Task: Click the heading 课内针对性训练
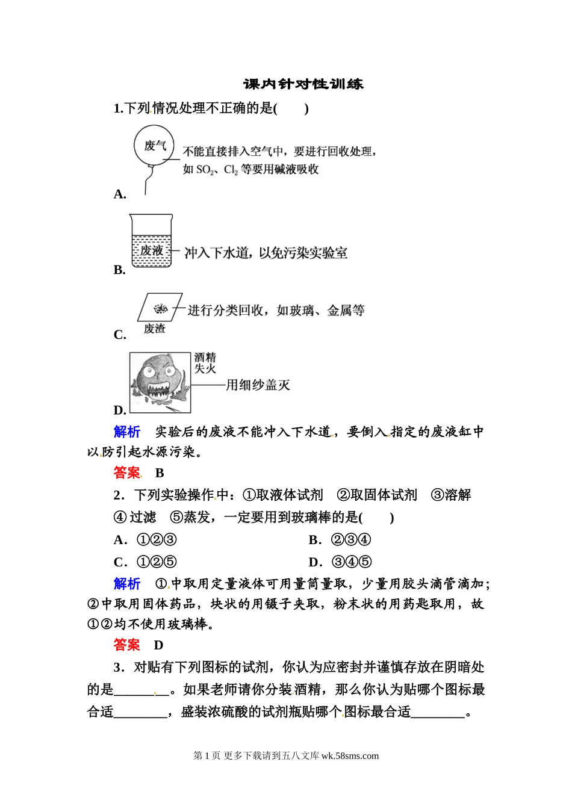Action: pos(303,84)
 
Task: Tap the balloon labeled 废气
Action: pos(154,146)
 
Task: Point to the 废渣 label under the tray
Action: pos(154,329)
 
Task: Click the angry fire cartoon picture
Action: pos(160,382)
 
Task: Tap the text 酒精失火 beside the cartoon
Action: pos(205,363)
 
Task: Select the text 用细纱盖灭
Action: pos(258,385)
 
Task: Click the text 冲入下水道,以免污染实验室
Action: pos(266,253)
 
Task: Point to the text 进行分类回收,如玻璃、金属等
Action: pos(276,311)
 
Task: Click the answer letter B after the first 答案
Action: pos(160,473)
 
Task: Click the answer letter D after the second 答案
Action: pos(159,645)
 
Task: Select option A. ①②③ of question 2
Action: pos(145,540)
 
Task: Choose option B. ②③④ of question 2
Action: pos(340,540)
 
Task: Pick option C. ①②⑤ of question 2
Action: pos(145,562)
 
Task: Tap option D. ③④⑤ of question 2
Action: pos(340,562)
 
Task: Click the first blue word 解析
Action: pos(126,432)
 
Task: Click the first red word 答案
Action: pos(126,473)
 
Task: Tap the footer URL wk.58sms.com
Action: pos(350,756)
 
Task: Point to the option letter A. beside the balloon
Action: pos(120,194)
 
